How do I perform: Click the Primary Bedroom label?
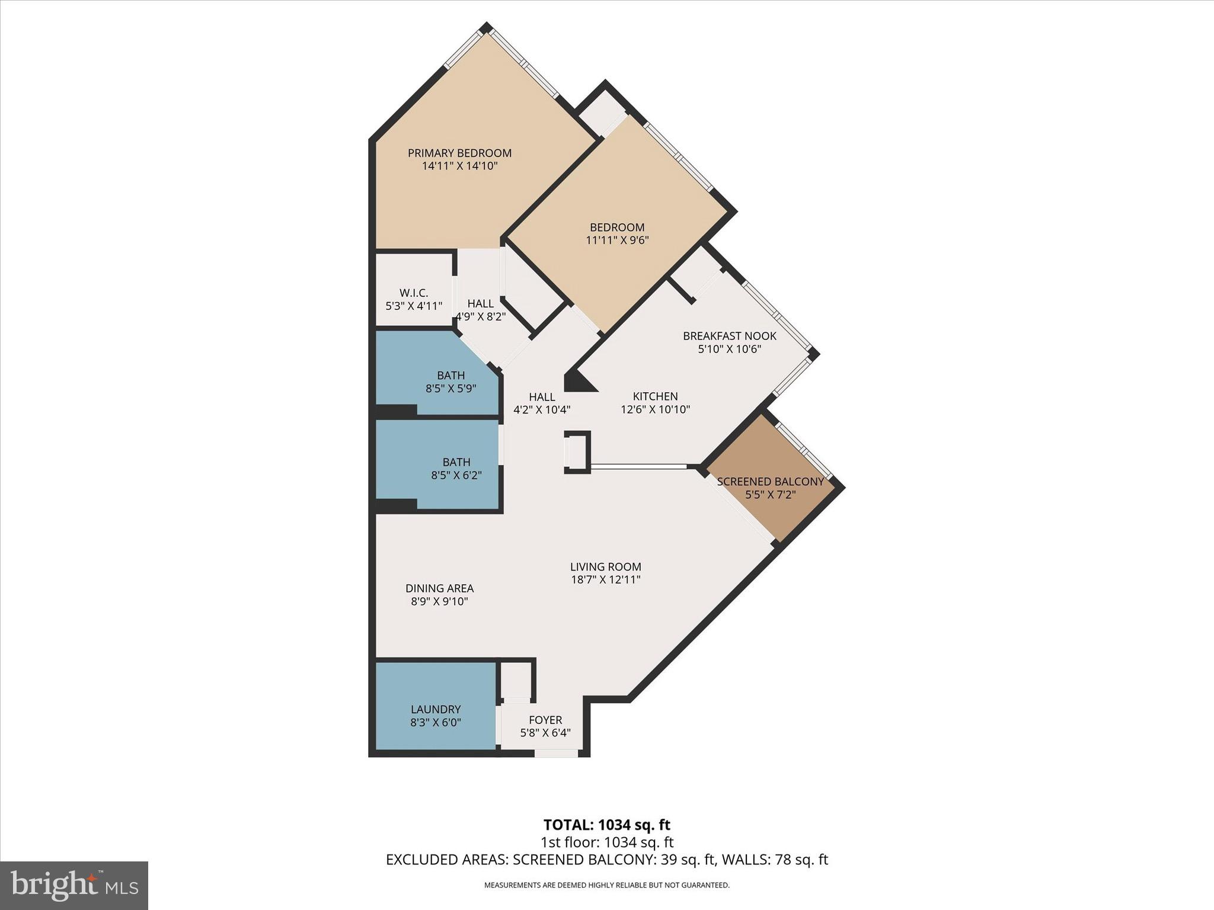(x=459, y=153)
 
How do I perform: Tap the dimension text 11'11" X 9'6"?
(x=617, y=241)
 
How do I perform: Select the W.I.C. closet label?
(x=413, y=293)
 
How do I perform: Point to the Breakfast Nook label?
(x=729, y=336)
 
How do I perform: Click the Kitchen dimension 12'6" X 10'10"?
(x=655, y=409)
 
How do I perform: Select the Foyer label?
(x=545, y=720)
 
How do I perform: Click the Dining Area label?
(x=439, y=588)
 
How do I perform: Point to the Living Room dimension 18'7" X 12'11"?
(x=606, y=580)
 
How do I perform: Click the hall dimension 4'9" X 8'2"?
(x=481, y=317)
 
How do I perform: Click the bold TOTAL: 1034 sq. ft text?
(x=606, y=825)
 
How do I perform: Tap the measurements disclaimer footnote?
(x=606, y=885)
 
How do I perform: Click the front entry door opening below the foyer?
(x=556, y=754)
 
